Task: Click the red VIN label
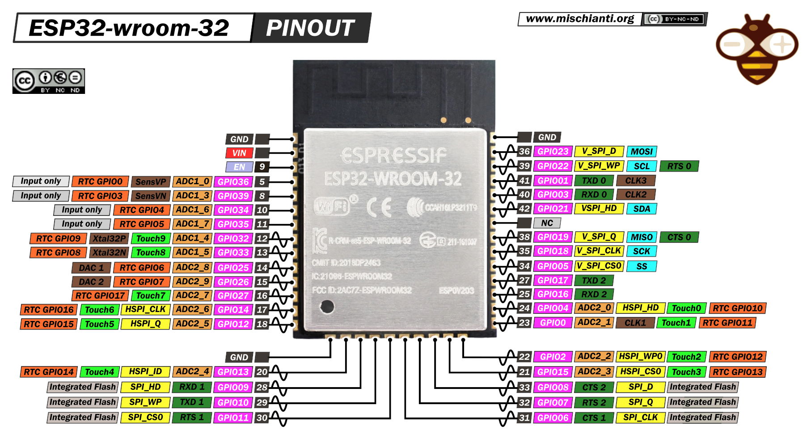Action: [239, 153]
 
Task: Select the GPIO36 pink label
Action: [233, 182]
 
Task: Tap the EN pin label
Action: [239, 167]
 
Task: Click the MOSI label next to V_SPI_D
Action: [642, 152]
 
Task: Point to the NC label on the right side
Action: [547, 223]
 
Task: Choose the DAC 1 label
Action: [91, 268]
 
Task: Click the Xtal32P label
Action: [109, 238]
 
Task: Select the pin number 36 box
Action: [524, 152]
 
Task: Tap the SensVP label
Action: [151, 182]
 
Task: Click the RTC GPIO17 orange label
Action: [100, 295]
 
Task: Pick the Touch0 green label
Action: [686, 308]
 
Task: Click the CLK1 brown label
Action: [635, 323]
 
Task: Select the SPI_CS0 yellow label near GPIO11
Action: [145, 418]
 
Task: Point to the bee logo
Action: [757, 49]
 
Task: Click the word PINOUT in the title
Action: [310, 28]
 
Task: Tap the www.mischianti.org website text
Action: [580, 19]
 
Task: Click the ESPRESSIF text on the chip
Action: [393, 156]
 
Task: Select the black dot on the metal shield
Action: [327, 307]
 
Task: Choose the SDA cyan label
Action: [642, 209]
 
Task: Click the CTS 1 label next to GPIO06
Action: [594, 418]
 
